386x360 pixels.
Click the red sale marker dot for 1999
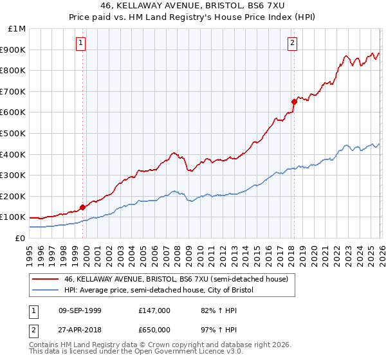click(x=82, y=207)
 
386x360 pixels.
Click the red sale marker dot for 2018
click(x=294, y=101)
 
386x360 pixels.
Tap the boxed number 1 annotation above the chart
click(x=81, y=43)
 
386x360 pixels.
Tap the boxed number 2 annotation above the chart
click(x=292, y=43)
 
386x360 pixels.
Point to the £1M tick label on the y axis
click(x=17, y=29)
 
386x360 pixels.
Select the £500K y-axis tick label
click(x=14, y=133)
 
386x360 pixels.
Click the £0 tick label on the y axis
click(x=20, y=238)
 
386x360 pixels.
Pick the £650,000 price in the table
click(x=155, y=330)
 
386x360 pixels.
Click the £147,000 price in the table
click(x=155, y=310)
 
